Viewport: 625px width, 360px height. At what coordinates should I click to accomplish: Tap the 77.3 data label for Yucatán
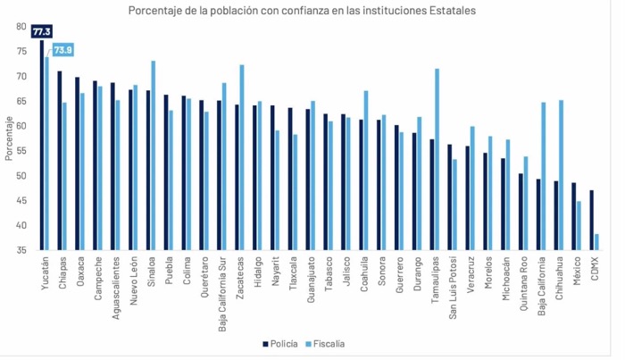(41, 31)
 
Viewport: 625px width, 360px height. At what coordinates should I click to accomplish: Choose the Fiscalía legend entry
(323, 343)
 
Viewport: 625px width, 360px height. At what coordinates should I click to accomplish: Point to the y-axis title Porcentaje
(8, 138)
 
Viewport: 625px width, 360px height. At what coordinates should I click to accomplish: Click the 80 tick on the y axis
(21, 27)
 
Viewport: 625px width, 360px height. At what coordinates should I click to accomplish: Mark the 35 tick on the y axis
(21, 250)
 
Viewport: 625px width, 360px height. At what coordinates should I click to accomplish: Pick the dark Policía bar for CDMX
(592, 220)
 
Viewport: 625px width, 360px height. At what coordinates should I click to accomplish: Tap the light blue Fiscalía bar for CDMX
(596, 241)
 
